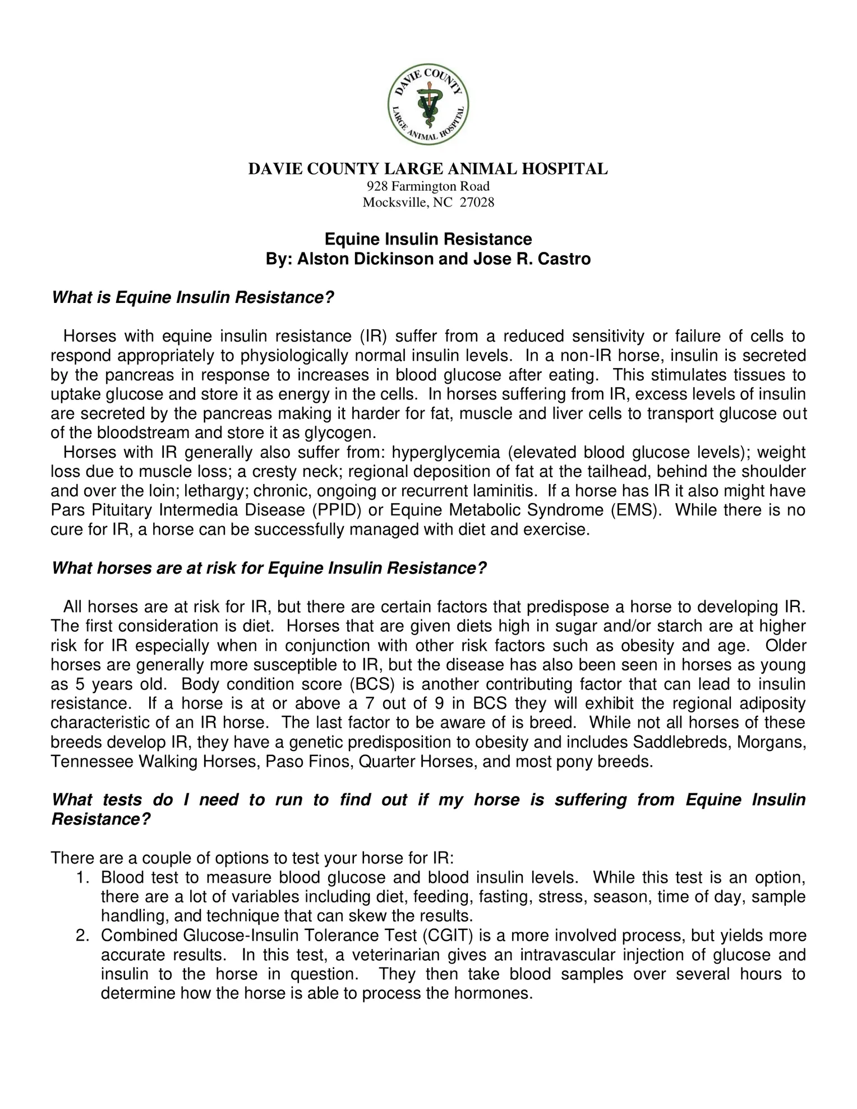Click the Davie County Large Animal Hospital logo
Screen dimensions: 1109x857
tap(428, 105)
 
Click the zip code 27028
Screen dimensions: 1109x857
tap(477, 203)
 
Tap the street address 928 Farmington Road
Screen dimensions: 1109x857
tap(428, 186)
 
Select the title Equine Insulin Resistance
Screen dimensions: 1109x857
tap(428, 240)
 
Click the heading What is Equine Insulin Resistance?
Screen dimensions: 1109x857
tap(193, 297)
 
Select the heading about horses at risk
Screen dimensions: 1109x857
tap(269, 568)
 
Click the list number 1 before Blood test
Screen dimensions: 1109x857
tap(82, 878)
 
